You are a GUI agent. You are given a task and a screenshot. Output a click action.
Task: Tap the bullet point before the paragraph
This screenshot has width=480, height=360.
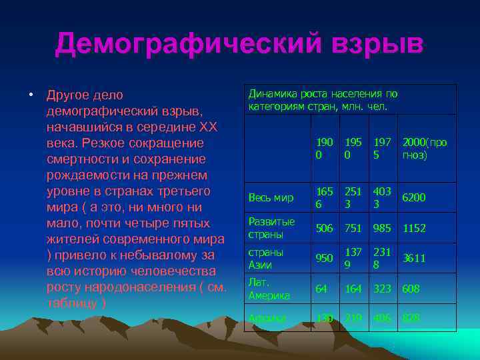(31, 95)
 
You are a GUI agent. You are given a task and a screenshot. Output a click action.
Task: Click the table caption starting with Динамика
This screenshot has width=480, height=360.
(323, 100)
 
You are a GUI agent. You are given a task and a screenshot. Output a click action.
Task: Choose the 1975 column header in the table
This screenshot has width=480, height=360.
(382, 149)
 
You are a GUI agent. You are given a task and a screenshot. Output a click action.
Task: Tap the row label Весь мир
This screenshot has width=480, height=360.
(271, 198)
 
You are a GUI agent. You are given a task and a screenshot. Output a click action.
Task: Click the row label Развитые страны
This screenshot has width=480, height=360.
(271, 228)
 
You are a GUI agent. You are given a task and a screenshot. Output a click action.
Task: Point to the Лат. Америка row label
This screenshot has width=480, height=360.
(269, 289)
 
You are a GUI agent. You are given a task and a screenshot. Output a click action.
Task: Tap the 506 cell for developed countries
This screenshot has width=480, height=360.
(325, 228)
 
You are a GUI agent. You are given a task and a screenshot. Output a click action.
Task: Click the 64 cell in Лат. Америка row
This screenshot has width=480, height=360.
(321, 289)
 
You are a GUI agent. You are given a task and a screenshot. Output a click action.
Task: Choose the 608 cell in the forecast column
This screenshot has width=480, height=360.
(411, 289)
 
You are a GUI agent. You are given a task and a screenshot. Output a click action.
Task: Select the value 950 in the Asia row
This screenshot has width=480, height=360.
(325, 258)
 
